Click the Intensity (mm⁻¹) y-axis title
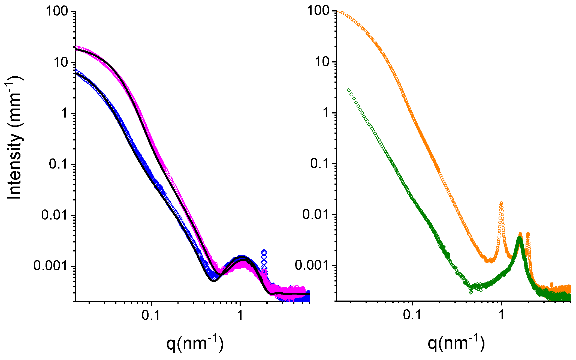click(x=14, y=138)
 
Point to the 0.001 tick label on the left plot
click(x=50, y=266)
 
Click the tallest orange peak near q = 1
click(x=501, y=203)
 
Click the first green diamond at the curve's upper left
click(x=349, y=90)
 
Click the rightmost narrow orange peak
click(x=528, y=234)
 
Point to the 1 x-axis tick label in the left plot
click(x=240, y=315)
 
